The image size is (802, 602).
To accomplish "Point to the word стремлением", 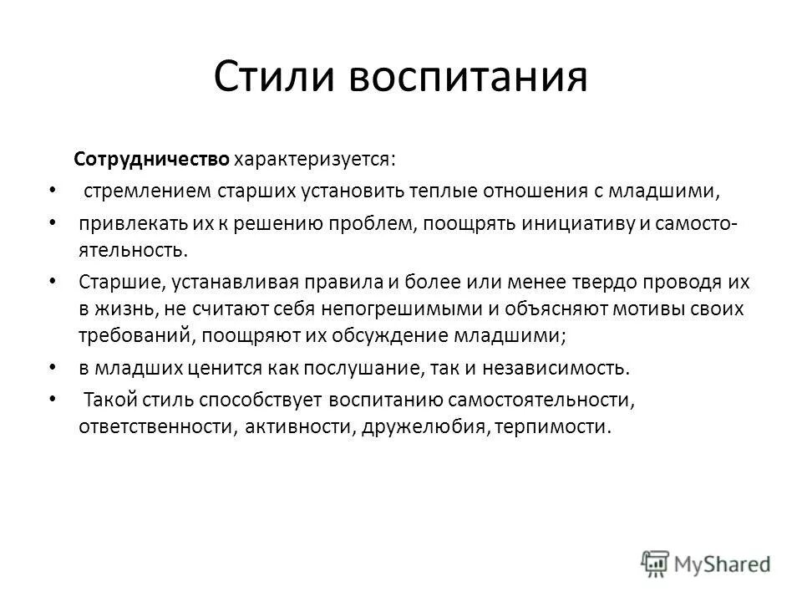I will tap(144, 191).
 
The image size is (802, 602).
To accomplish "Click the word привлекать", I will tap(124, 225).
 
